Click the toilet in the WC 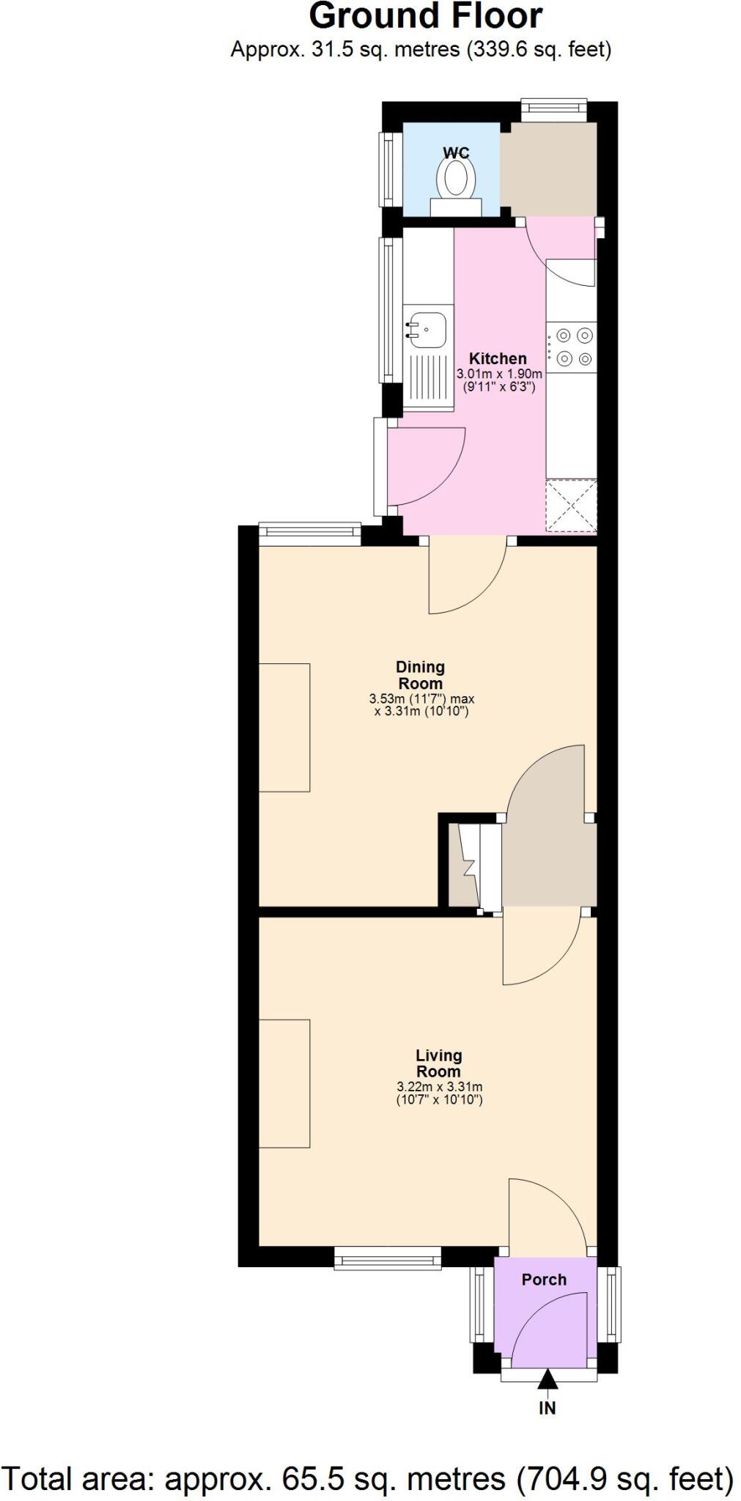click(456, 178)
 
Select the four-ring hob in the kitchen click(572, 347)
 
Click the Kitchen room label click(498, 358)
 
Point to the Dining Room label click(420, 675)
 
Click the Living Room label click(438, 1063)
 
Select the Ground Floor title click(425, 16)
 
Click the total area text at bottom click(369, 1478)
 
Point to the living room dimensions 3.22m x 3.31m click(439, 1093)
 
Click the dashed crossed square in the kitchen click(571, 506)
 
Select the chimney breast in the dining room click(284, 727)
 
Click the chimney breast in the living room click(284, 1083)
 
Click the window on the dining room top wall click(310, 534)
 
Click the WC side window click(386, 169)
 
